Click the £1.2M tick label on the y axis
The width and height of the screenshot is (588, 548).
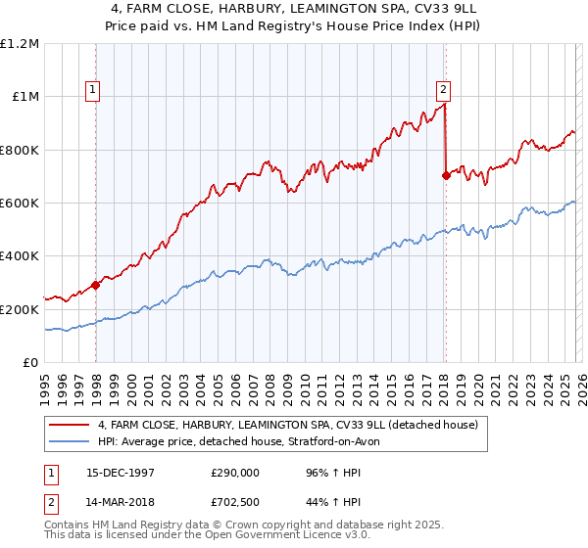click(20, 44)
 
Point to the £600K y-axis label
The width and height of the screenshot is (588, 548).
click(20, 204)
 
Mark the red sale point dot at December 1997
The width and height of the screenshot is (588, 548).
click(96, 286)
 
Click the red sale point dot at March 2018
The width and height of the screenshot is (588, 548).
click(446, 176)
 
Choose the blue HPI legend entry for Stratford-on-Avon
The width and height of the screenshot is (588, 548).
click(245, 442)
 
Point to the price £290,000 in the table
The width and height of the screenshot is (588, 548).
click(235, 472)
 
